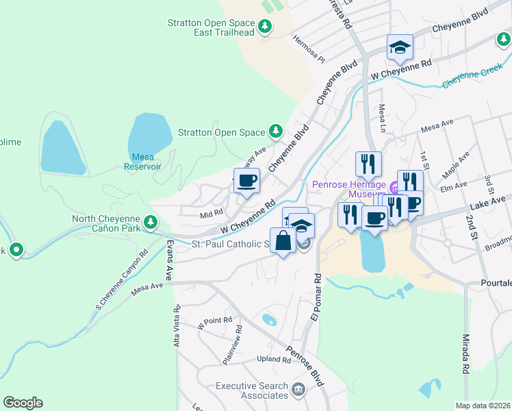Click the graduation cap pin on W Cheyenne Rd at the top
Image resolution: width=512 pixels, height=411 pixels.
pyautogui.click(x=400, y=47)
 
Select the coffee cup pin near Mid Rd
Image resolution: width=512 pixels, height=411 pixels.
pyautogui.click(x=246, y=182)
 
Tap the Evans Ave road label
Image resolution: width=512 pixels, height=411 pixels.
pyautogui.click(x=170, y=254)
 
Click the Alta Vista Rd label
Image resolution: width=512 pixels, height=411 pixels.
pyautogui.click(x=177, y=328)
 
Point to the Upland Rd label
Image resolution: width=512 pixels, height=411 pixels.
pyautogui.click(x=274, y=360)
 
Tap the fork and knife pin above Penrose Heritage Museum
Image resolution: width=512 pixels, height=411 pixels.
pyautogui.click(x=368, y=164)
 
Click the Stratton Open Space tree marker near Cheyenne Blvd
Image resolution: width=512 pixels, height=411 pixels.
pyautogui.click(x=276, y=130)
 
